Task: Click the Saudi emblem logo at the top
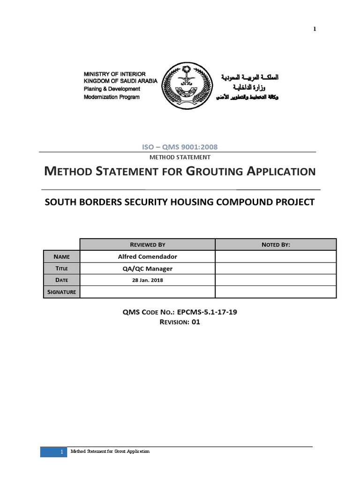[187, 87]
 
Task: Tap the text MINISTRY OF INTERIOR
[114, 74]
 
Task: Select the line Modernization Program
[112, 97]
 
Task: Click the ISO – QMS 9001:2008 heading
[180, 147]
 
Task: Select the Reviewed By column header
[147, 245]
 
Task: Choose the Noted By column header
[275, 245]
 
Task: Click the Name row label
[61, 257]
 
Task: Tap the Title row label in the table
[61, 269]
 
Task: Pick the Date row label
[61, 280]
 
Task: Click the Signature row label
[61, 292]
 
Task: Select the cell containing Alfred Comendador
[147, 257]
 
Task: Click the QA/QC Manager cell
[147, 269]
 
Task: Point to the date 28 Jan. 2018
[147, 280]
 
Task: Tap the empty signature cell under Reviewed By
[147, 292]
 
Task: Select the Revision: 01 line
[180, 322]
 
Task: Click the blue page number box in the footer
[54, 452]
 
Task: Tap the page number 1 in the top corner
[315, 29]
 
